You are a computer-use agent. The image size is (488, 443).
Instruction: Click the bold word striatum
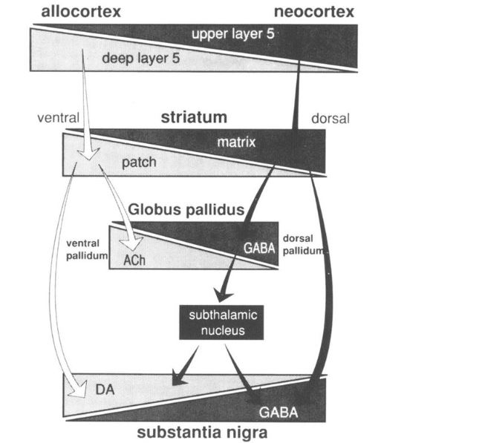point(194,117)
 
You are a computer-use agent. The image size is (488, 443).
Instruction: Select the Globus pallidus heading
point(186,210)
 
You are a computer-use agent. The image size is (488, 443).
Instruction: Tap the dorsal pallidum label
point(304,244)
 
